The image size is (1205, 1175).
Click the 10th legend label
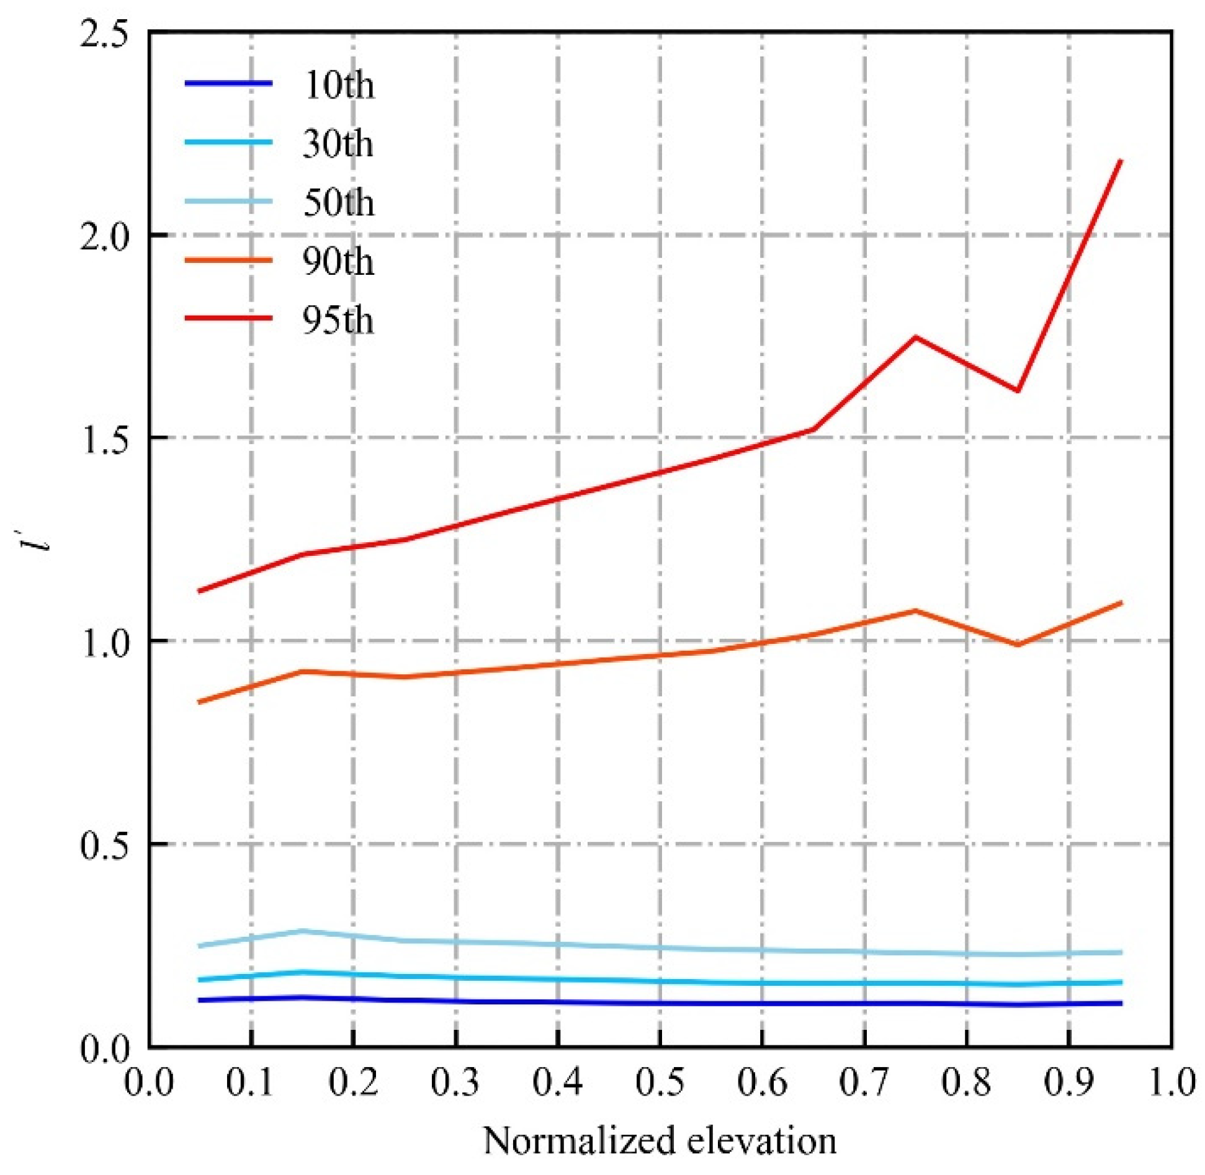pos(338,84)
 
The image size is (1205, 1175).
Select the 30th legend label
pos(338,143)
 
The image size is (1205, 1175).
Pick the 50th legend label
pos(338,202)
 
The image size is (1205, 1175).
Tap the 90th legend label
pos(338,261)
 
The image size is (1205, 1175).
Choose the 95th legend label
pos(338,320)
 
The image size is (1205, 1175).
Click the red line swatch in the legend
pos(228,318)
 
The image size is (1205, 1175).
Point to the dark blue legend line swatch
pos(228,83)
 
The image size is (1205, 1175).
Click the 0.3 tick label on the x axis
pos(455,1083)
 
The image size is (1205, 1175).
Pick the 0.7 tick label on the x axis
pos(864,1083)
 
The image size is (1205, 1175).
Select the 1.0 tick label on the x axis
pos(1170,1083)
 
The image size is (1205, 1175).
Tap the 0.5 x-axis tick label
pos(660,1083)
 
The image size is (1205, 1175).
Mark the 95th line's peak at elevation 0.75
pos(915,337)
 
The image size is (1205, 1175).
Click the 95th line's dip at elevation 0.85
pos(1018,391)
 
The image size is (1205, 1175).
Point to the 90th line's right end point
pos(1121,602)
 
